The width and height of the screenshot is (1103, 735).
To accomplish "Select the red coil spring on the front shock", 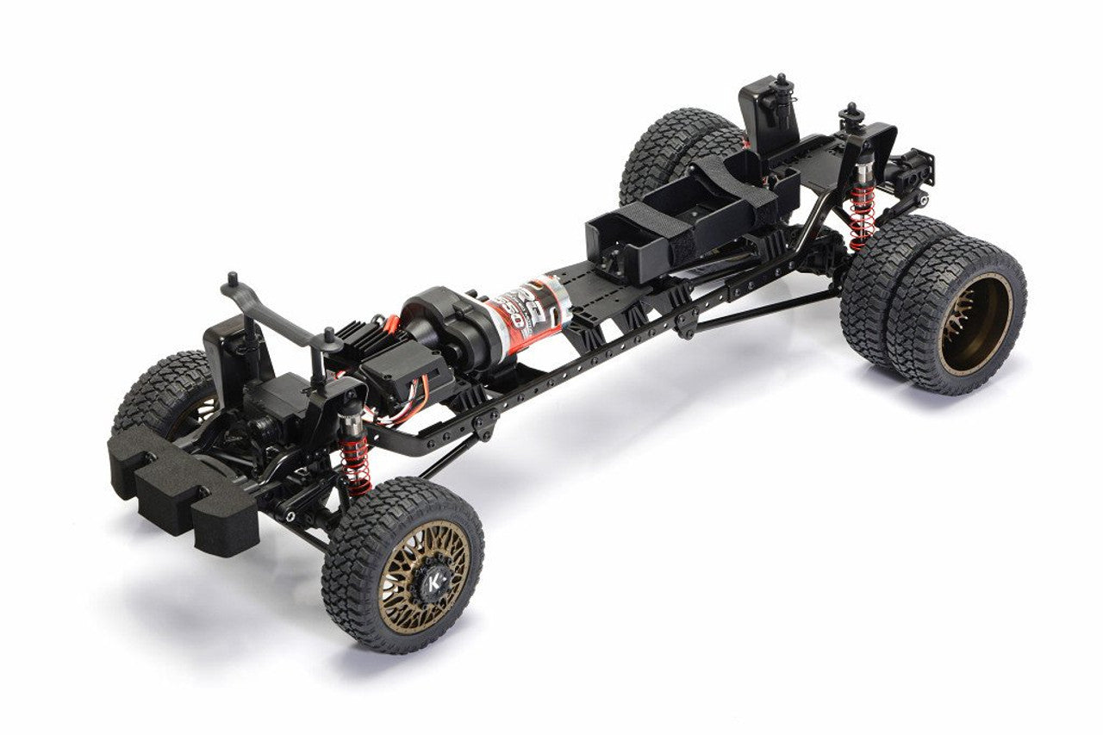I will (357, 465).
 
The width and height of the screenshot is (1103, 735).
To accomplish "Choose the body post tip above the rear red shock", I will (852, 113).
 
